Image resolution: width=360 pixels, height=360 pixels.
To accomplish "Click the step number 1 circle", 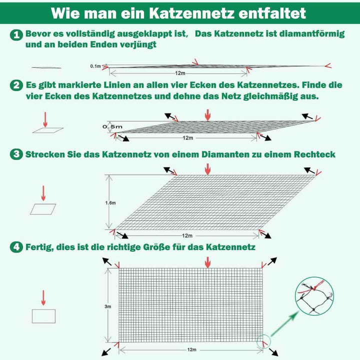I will (16, 34).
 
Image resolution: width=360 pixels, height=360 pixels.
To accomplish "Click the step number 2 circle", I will (16, 85).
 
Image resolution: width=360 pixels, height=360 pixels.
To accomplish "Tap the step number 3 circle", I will (16, 154).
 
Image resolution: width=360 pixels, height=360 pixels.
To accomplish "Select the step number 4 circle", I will (16, 247).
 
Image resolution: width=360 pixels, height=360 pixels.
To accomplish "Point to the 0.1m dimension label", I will (95, 66).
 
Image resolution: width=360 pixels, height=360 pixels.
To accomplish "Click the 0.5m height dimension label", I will (112, 126).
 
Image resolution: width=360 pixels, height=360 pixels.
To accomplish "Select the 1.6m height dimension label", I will (110, 202).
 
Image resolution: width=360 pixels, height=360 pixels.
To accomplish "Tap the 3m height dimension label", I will (108, 306).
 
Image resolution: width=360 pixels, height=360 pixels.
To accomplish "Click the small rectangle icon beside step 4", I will (43, 316).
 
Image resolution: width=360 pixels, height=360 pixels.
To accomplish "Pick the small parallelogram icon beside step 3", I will (43, 209).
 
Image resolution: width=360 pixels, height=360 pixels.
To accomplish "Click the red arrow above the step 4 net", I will (208, 261).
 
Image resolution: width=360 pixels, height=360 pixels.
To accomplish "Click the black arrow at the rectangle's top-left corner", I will (107, 261).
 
